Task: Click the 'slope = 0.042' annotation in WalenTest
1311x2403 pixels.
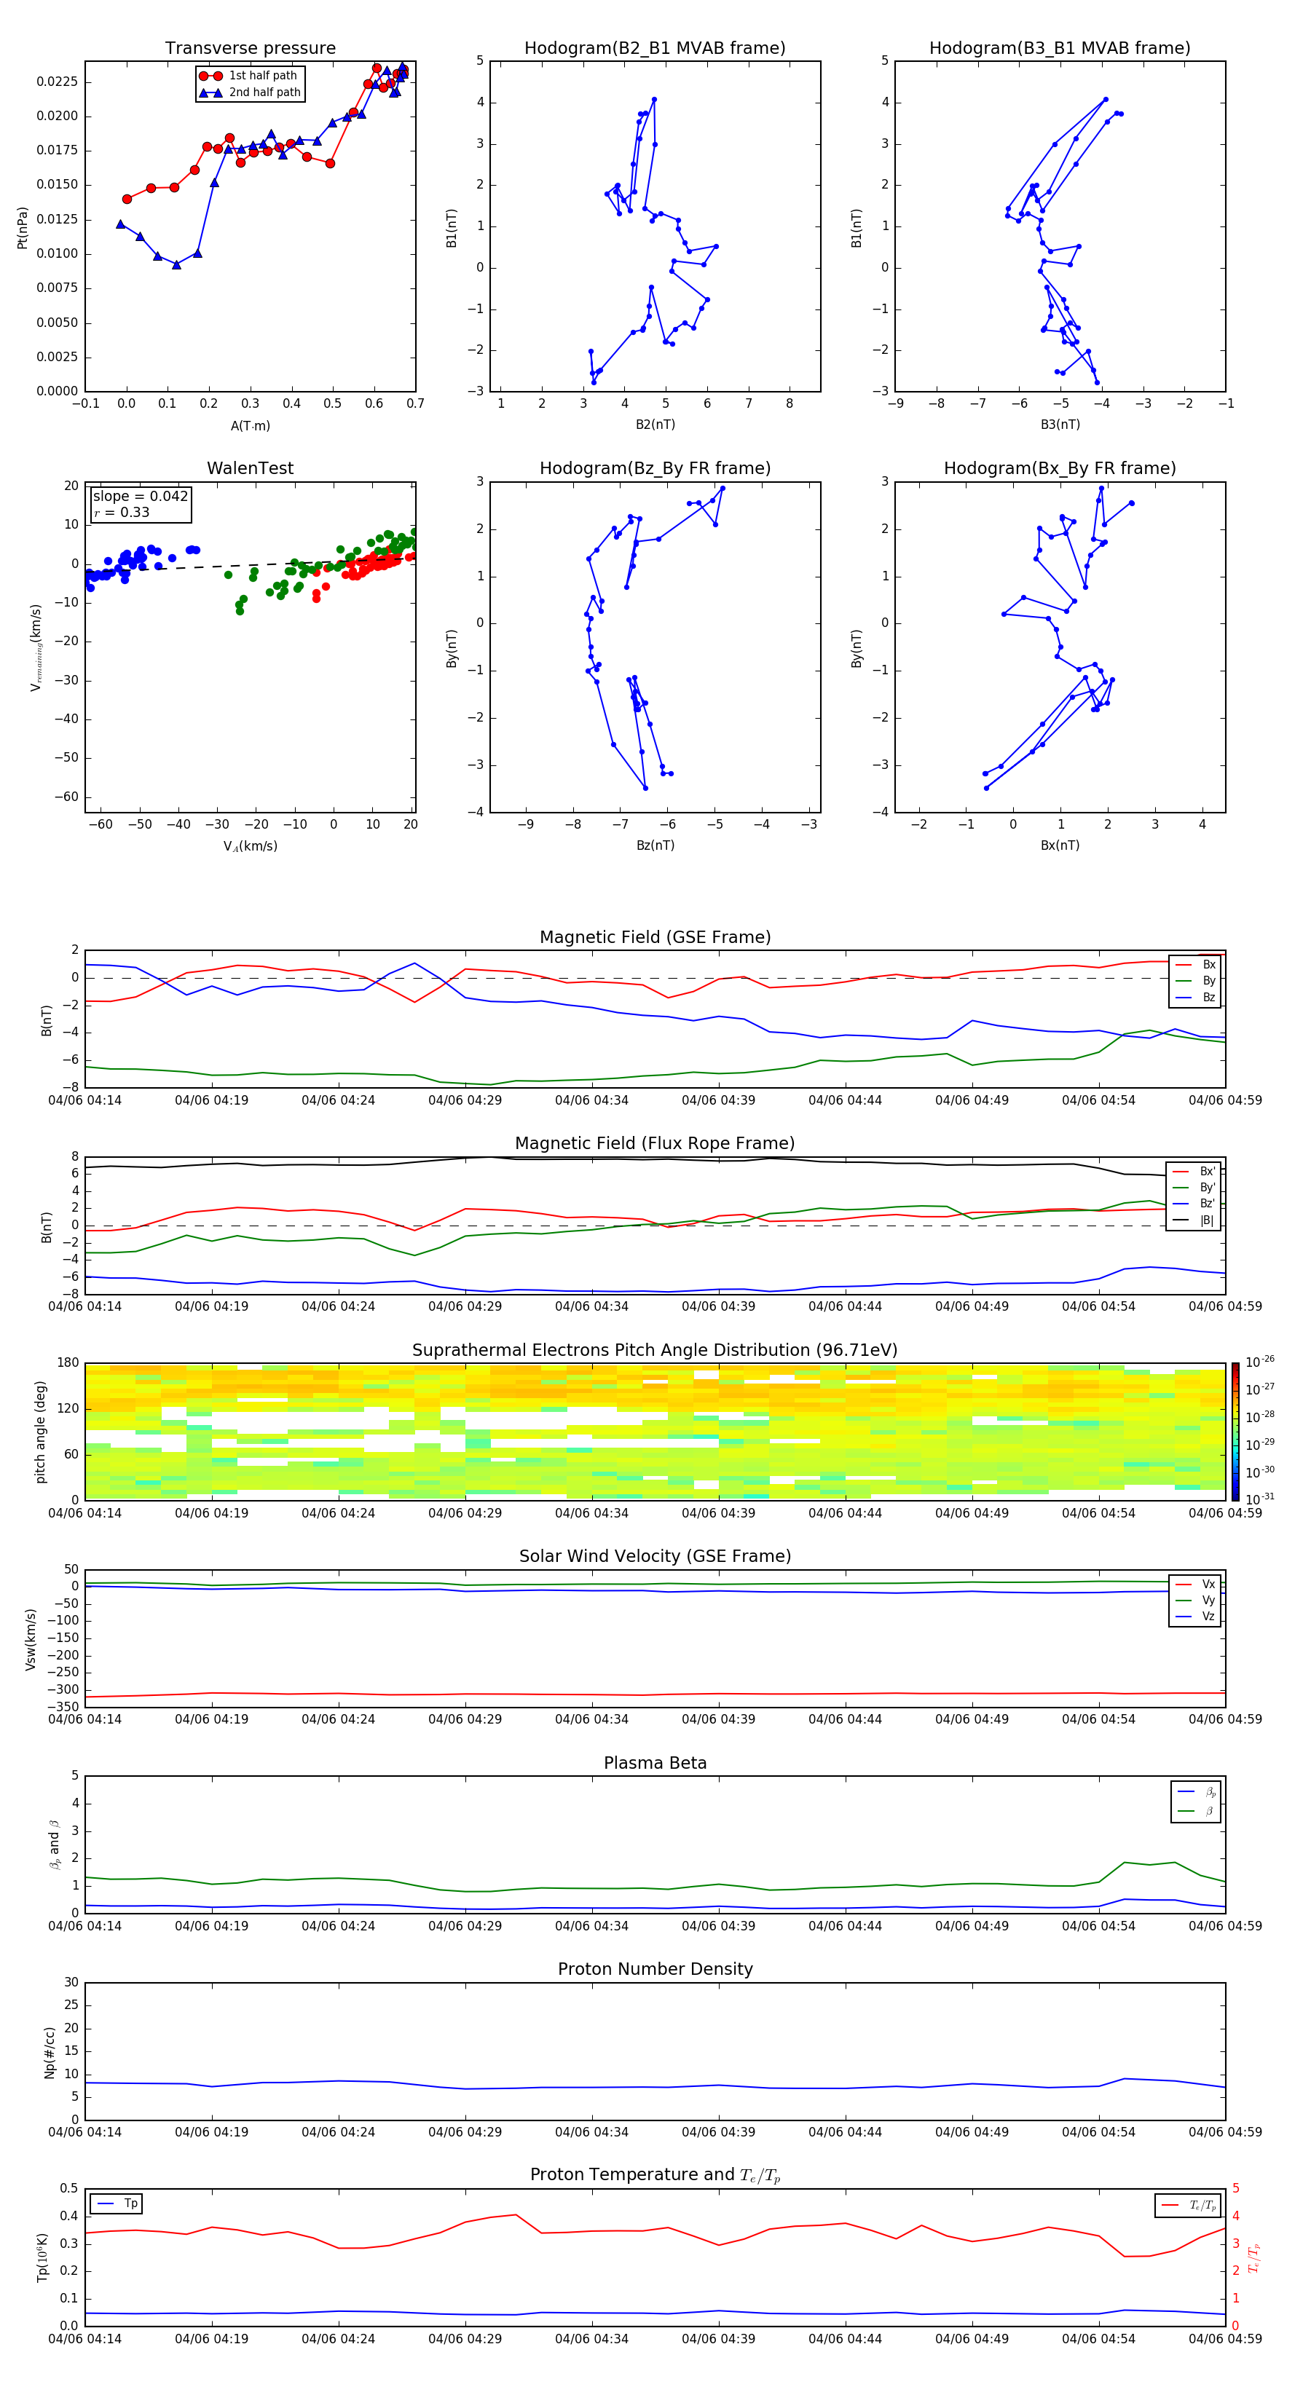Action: (140, 497)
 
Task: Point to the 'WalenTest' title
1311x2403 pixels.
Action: (250, 468)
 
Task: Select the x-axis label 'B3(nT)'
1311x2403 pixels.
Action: (1060, 425)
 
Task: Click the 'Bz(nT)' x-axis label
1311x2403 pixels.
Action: (655, 845)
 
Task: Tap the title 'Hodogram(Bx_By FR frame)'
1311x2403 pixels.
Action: (1059, 468)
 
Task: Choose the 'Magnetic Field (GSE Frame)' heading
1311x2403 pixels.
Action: (655, 937)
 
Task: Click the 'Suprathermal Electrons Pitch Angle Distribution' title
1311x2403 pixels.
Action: (655, 1350)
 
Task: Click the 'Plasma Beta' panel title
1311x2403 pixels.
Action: (655, 1763)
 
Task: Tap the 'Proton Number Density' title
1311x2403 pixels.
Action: (655, 1969)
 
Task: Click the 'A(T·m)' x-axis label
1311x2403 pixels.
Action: (250, 426)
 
